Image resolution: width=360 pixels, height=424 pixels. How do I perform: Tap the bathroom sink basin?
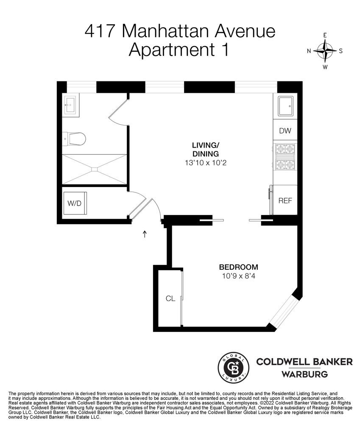(70, 105)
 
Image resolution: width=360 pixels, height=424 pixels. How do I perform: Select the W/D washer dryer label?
(74, 204)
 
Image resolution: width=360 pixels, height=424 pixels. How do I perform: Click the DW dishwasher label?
(285, 131)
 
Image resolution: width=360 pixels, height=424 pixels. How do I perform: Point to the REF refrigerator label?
(285, 201)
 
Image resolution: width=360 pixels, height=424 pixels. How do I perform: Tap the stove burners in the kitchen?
(285, 156)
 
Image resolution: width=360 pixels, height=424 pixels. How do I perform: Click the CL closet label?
(170, 298)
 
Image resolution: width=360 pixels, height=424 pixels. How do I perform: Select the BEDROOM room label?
(239, 267)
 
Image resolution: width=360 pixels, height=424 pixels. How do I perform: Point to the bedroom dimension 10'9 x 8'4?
(239, 276)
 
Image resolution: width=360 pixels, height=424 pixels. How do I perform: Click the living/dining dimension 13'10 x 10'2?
(206, 163)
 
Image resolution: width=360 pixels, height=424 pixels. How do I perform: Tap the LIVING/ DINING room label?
(206, 149)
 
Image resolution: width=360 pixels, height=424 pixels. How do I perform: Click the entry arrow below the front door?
(145, 234)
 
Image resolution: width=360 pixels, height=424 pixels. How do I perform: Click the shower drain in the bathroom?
(94, 169)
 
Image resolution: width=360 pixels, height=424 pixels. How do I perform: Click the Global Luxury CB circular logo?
(233, 368)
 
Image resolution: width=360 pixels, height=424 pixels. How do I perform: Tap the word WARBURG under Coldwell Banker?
(305, 374)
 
